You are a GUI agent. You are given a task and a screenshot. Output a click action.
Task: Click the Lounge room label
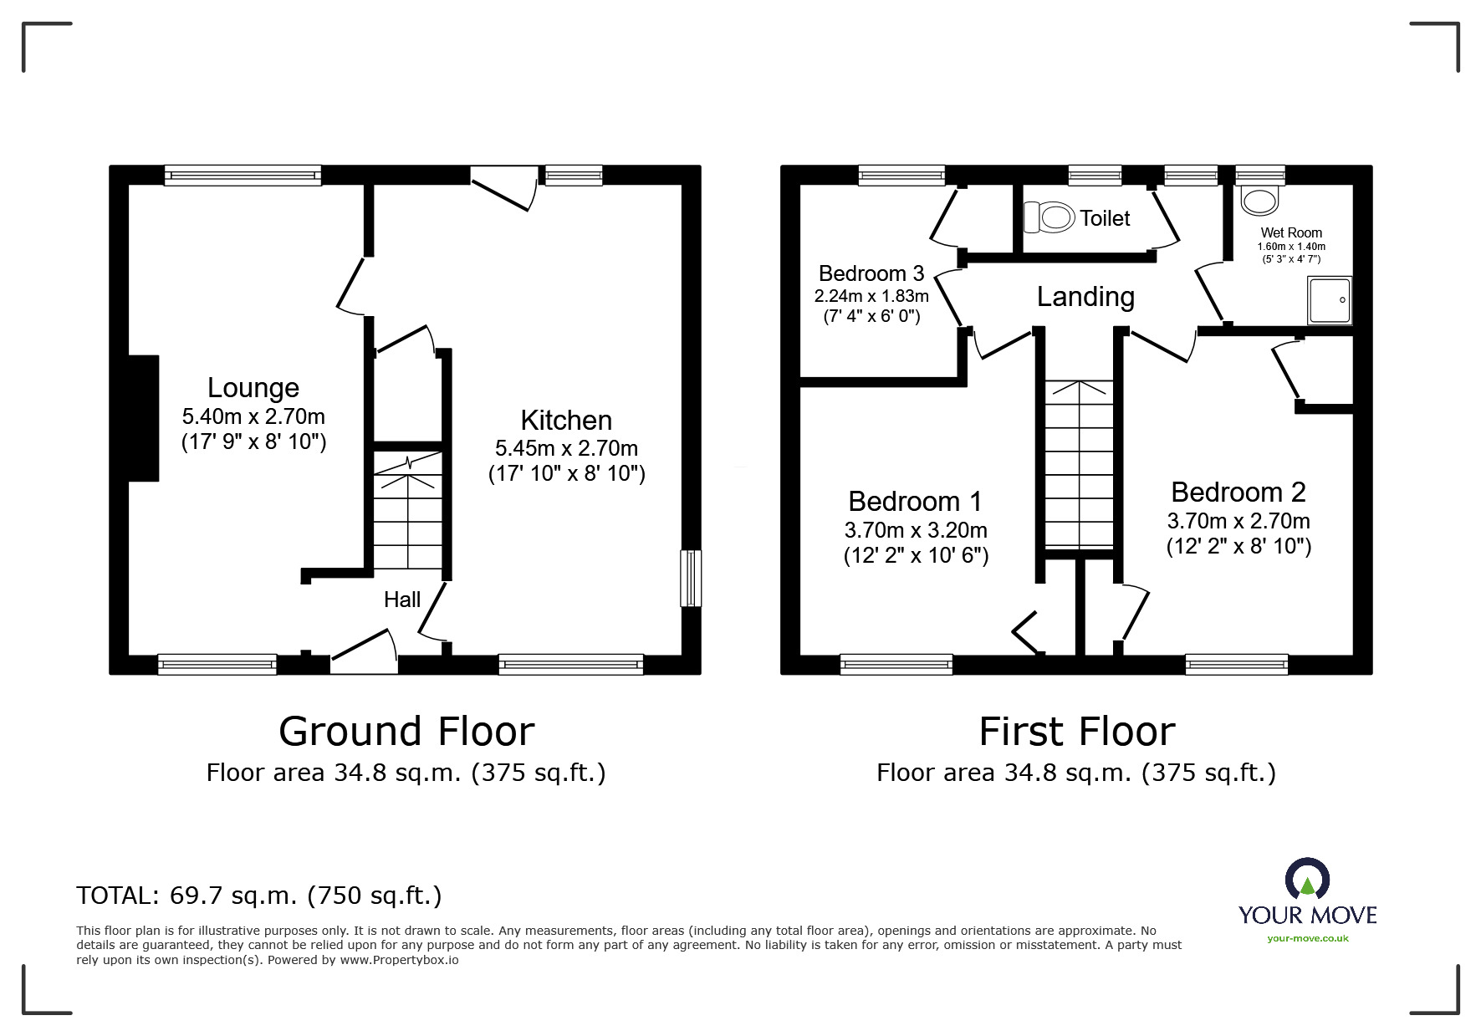[x=253, y=388]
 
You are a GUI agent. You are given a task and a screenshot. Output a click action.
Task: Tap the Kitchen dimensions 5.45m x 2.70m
[x=566, y=448]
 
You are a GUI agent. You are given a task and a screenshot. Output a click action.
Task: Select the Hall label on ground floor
[x=402, y=600]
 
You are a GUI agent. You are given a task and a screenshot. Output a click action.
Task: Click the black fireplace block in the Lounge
[x=143, y=418]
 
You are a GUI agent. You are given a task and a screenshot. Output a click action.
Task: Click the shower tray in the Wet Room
[x=1329, y=300]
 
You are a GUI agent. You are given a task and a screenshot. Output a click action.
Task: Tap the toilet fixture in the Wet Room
[x=1260, y=199]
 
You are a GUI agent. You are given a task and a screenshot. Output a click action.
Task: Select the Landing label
[x=1085, y=297]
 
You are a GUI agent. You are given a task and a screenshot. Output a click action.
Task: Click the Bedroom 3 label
[x=871, y=273]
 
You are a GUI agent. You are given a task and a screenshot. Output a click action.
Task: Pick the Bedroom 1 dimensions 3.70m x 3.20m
[x=916, y=530]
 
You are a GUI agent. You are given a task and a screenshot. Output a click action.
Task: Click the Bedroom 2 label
[x=1238, y=492]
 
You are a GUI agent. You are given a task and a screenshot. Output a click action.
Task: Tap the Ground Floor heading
[x=406, y=732]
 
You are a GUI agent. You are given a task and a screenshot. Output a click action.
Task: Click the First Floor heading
[x=1077, y=732]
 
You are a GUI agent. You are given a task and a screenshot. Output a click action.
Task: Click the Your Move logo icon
[x=1307, y=880]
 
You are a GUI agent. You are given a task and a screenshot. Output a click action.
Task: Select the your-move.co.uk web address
[x=1307, y=938]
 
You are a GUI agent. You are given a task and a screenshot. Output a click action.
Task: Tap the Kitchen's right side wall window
[x=691, y=578]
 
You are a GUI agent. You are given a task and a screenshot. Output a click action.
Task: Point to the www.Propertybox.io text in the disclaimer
[x=399, y=961]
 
